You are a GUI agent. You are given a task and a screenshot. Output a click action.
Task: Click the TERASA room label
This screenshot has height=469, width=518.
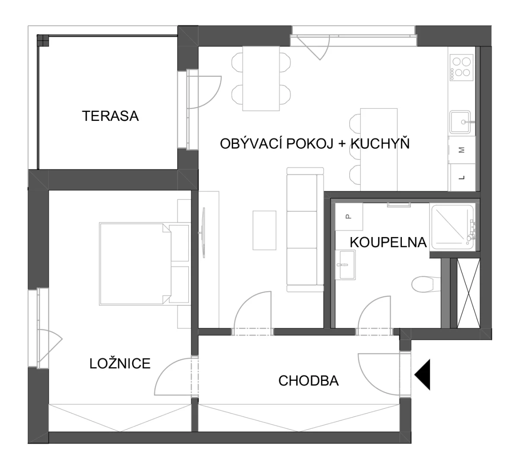pos(110,116)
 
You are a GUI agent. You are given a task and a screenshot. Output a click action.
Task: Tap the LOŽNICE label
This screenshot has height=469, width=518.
pos(120,363)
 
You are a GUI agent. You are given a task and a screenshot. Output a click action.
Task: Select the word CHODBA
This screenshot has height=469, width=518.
pos(308,381)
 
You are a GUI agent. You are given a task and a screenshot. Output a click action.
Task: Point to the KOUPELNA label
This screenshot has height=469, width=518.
pos(388,242)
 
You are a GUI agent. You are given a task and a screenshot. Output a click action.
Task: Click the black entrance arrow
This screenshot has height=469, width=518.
pos(423,375)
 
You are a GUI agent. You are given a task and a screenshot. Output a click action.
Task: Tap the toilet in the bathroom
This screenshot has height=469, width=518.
pos(426,284)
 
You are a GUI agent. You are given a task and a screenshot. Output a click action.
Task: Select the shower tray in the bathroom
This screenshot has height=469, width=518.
pos(452,227)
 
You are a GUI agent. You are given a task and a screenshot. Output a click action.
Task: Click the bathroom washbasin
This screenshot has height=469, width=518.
pos(345,265)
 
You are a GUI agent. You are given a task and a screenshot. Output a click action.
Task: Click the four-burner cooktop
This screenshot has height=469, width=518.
pos(461,67)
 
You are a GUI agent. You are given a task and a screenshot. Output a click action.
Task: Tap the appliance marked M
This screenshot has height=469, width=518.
pos(462,150)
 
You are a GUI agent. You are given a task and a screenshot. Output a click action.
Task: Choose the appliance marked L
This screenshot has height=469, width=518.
pos(462,177)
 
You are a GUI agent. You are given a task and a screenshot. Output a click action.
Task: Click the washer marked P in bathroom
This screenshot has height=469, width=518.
pos(349,216)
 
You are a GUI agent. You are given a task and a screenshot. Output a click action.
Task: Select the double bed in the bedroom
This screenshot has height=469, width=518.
pos(135,264)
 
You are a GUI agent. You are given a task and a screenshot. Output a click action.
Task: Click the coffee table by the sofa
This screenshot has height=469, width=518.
pos(265,230)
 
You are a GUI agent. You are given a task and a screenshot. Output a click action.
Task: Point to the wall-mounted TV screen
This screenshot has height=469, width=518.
pos(204,233)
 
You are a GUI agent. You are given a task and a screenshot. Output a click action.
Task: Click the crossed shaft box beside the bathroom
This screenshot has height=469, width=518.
pos(468,293)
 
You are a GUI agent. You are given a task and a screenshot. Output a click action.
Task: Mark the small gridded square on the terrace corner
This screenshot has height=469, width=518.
pos(43,41)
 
